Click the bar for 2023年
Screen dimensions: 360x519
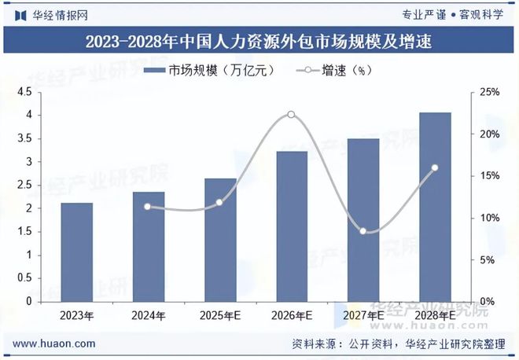pyautogui.click(x=77, y=252)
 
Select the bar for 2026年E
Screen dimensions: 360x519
pyautogui.click(x=291, y=226)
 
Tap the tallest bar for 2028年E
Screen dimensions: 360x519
pyautogui.click(x=435, y=208)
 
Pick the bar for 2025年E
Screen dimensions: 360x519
pyautogui.click(x=220, y=240)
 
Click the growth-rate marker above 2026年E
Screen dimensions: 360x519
pyautogui.click(x=291, y=115)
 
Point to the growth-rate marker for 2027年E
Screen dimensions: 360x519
pyautogui.click(x=363, y=231)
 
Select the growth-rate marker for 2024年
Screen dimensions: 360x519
pyautogui.click(x=148, y=207)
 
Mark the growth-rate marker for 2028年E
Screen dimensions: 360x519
pyautogui.click(x=434, y=167)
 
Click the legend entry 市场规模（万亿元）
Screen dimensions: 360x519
pyautogui.click(x=209, y=71)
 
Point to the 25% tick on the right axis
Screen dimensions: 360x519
pyautogui.click(x=489, y=93)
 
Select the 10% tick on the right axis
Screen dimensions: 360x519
pyautogui.click(x=489, y=219)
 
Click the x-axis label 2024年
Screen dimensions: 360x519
pyautogui.click(x=149, y=316)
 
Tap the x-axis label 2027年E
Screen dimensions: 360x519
pyautogui.click(x=363, y=316)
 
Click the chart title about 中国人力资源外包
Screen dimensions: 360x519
pyautogui.click(x=259, y=39)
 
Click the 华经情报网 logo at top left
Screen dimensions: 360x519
pyautogui.click(x=51, y=14)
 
